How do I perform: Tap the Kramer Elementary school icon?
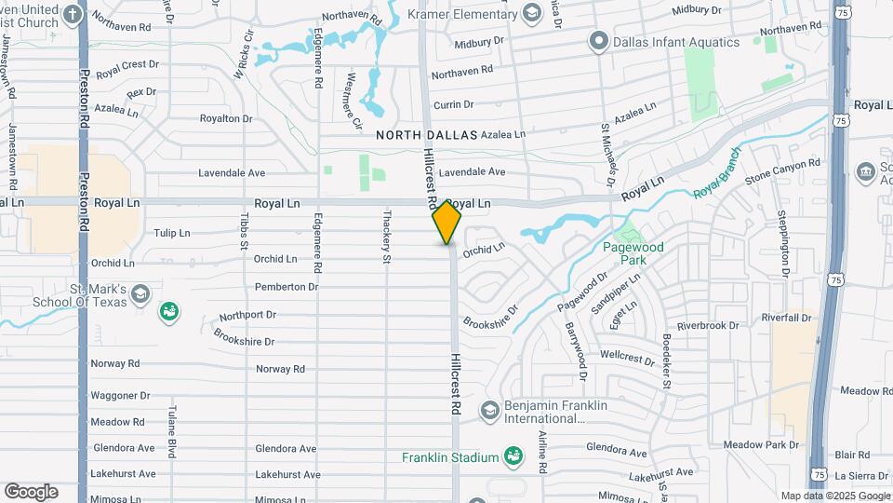coord(531,13)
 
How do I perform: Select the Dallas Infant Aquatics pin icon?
coord(598,42)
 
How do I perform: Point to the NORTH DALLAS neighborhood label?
coord(427,135)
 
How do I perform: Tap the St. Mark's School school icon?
coord(140,294)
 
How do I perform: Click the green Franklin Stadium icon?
coord(512,456)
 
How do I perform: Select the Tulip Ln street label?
coord(171,233)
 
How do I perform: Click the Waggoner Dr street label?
coord(120,396)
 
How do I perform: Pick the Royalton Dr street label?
coord(226,118)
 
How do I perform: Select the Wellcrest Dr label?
coord(628,356)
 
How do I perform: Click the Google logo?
coord(31,492)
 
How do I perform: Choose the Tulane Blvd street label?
coord(172,431)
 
